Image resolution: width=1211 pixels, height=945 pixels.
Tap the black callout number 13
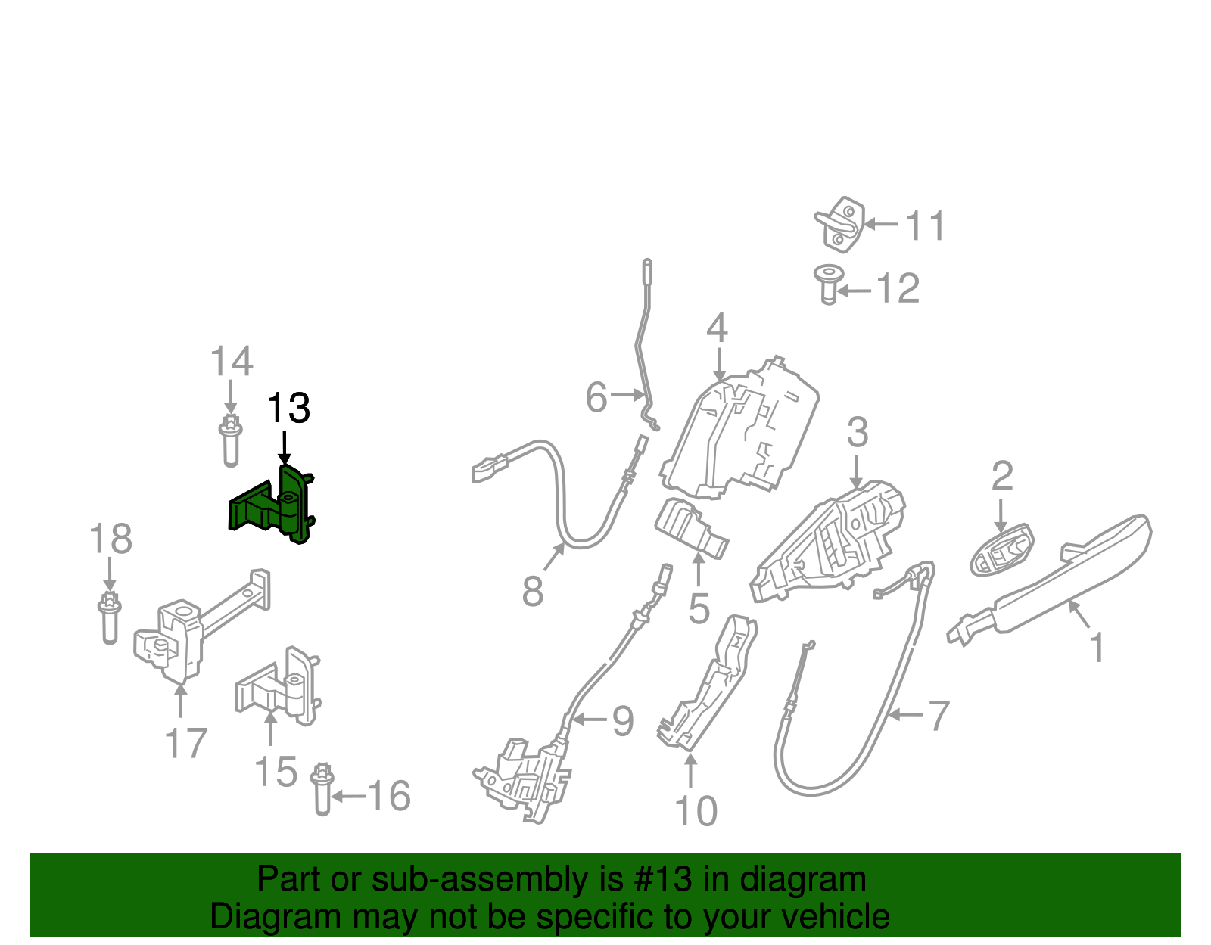coord(288,409)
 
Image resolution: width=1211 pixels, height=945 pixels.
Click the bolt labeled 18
coord(110,618)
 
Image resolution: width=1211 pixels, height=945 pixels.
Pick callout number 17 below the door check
coord(186,743)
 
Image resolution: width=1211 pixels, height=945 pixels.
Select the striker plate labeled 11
coord(840,224)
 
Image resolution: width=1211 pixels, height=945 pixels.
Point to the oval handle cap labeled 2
coord(1001,551)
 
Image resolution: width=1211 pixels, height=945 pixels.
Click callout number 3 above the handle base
coord(857,433)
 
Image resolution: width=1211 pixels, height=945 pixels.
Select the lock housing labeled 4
coord(742,431)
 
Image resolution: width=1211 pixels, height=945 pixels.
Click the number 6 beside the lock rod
coord(596,398)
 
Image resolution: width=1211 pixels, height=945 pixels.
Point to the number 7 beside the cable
coord(938,715)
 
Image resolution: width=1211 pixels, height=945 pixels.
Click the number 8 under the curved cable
coord(532,591)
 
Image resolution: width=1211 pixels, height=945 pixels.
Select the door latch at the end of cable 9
coord(526,779)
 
